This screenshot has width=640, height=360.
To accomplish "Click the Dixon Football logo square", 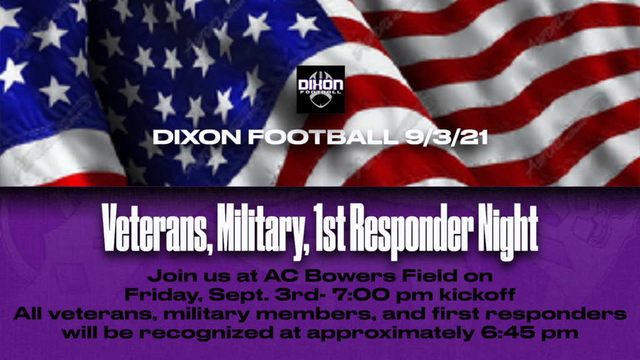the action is (x=321, y=89).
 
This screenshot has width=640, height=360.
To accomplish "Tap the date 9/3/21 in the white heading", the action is (x=446, y=137).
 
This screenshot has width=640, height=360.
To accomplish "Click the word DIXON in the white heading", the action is (x=197, y=137).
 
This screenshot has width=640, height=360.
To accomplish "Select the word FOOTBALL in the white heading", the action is (x=323, y=137).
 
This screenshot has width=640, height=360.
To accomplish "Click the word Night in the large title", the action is (x=507, y=231).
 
